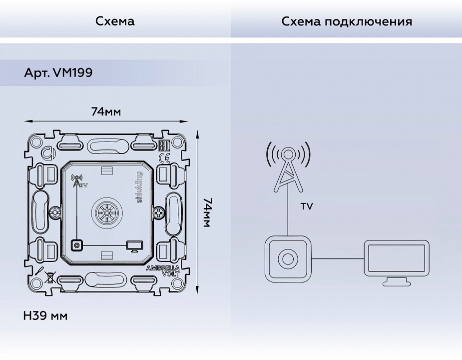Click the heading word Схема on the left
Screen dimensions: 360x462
[115, 21]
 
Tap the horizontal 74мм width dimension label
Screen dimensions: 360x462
[106, 111]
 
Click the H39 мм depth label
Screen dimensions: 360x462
[45, 316]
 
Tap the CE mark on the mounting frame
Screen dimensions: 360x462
[164, 158]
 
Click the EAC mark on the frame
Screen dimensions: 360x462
[163, 146]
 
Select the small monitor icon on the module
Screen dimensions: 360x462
[135, 245]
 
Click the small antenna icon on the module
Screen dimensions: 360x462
[76, 180]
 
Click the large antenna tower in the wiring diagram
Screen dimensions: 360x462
[288, 167]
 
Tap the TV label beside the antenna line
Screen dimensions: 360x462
[307, 206]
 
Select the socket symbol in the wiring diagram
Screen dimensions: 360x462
[288, 258]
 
